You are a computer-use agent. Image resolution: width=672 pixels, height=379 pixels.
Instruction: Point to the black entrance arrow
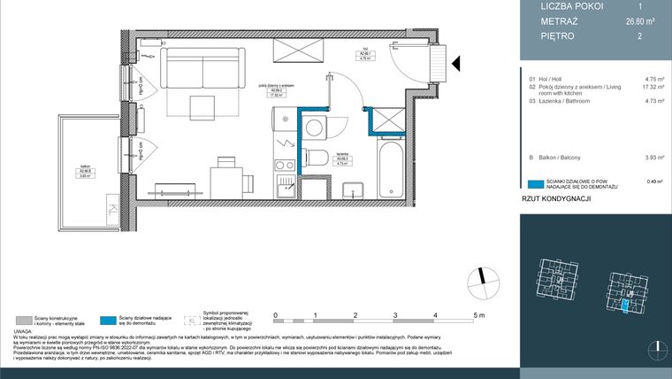coord(456,64)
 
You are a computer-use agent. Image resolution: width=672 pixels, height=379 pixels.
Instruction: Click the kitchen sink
coord(286,185)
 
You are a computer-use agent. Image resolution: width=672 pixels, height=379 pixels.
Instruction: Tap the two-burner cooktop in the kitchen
coord(286,164)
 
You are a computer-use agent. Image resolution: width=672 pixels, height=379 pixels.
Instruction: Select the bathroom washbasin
coord(354,189)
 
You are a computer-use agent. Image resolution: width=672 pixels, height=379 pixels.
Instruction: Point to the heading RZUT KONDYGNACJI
coord(556,200)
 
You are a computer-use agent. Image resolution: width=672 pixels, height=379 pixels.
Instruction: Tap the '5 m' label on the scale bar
coord(478,315)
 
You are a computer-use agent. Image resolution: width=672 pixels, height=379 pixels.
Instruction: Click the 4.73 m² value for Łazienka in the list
coord(654,102)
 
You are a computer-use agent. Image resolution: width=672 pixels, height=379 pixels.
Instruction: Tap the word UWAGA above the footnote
coord(25,331)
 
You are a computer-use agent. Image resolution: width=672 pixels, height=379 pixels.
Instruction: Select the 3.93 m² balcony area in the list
coord(654,158)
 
